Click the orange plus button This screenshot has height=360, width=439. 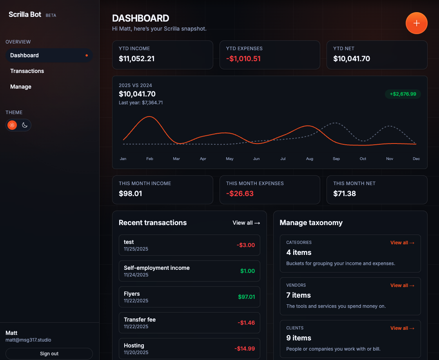pos(416,23)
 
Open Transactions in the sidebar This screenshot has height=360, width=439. pos(27,71)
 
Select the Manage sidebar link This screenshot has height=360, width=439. pos(21,87)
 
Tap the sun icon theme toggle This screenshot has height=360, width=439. pos(12,125)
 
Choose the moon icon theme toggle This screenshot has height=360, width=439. pos(25,125)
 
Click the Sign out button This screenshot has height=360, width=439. pos(49,354)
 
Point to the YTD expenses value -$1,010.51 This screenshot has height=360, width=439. pos(243,59)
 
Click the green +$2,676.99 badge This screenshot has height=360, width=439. pos(403,94)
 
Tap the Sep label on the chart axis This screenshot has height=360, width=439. pos(336,159)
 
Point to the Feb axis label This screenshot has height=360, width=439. pos(150,159)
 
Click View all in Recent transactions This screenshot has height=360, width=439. pos(246,223)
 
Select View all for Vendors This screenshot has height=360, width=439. pos(402,285)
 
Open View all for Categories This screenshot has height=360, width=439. pos(402,243)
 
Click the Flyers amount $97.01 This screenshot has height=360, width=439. pos(247,297)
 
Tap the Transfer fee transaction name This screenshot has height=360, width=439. pos(140,320)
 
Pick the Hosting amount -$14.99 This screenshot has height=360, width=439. pos(245,349)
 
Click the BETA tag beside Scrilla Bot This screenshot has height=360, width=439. pos(51,16)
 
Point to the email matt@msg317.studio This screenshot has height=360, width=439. pos(28,340)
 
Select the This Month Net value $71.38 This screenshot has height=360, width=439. pos(345,194)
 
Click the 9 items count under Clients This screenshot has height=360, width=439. pos(299,338)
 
